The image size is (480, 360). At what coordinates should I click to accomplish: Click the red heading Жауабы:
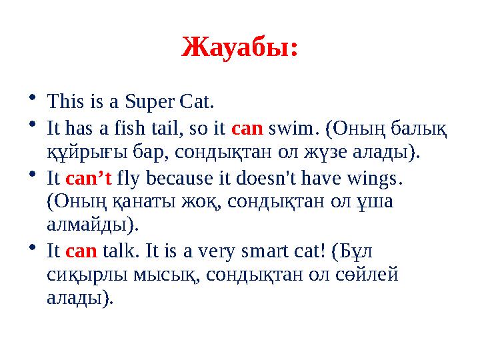[x=239, y=48]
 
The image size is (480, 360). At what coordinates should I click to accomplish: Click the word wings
[x=379, y=178]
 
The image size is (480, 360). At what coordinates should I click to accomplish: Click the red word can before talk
[x=82, y=251]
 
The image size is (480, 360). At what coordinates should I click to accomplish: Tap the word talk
[x=121, y=251]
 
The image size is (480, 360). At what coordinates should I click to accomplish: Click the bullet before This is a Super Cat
[x=32, y=99]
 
